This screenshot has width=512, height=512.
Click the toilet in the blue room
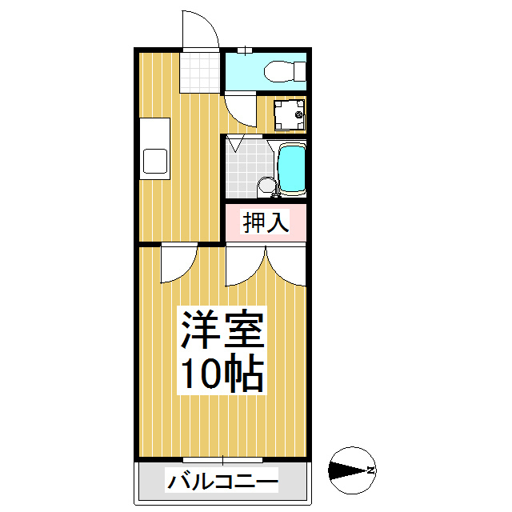(282, 71)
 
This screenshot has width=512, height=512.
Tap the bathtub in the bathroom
(292, 169)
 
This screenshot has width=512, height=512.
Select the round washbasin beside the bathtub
(266, 185)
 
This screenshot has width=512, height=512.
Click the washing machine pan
(288, 115)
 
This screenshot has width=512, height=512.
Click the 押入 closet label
(265, 222)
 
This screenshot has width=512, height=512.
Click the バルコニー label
(222, 482)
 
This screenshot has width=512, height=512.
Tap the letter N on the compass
(370, 470)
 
